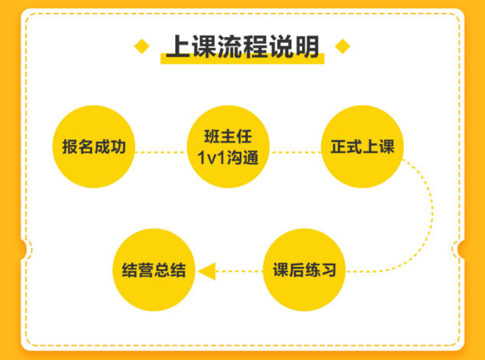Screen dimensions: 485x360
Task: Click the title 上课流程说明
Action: (242, 46)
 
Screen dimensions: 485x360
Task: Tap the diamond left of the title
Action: (142, 46)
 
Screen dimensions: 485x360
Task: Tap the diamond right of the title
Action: (343, 46)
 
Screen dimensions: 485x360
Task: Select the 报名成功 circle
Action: (94, 147)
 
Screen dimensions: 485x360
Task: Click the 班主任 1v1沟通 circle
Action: (228, 147)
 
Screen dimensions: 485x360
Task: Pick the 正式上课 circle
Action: (362, 147)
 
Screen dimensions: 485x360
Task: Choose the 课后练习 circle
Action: (304, 269)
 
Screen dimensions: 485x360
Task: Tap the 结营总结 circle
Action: (154, 269)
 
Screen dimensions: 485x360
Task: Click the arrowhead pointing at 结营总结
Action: (207, 272)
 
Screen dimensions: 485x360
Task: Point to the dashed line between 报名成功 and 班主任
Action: (161, 152)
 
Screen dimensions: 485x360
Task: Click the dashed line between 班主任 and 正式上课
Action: (296, 152)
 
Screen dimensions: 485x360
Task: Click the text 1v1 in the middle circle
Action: (212, 158)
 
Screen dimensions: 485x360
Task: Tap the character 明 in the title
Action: (307, 46)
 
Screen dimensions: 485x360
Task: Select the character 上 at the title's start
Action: (179, 46)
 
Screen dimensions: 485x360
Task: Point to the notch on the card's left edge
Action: (24, 249)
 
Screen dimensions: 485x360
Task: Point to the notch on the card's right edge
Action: (461, 249)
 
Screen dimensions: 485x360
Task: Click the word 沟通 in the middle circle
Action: (242, 158)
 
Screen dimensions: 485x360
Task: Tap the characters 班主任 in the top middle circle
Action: (228, 137)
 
